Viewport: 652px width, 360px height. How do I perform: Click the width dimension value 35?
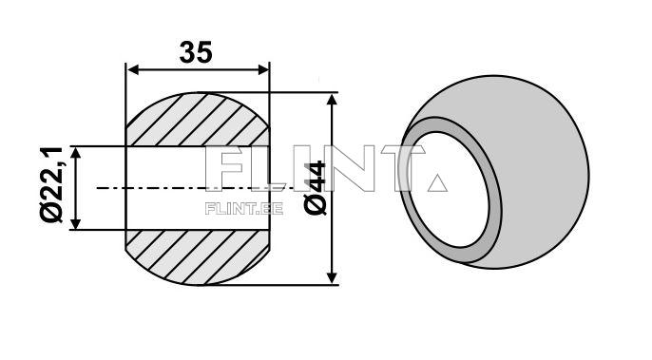coord(196,52)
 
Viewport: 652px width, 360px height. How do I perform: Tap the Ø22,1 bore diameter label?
coord(52,184)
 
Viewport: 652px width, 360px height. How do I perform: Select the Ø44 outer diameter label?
coord(316,187)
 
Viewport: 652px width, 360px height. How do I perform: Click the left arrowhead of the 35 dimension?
coord(132,70)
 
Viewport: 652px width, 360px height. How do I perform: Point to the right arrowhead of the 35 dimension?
coord(263,70)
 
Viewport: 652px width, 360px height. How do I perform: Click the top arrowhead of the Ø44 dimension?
coord(332,99)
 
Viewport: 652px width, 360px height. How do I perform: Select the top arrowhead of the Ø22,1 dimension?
coord(75,153)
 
